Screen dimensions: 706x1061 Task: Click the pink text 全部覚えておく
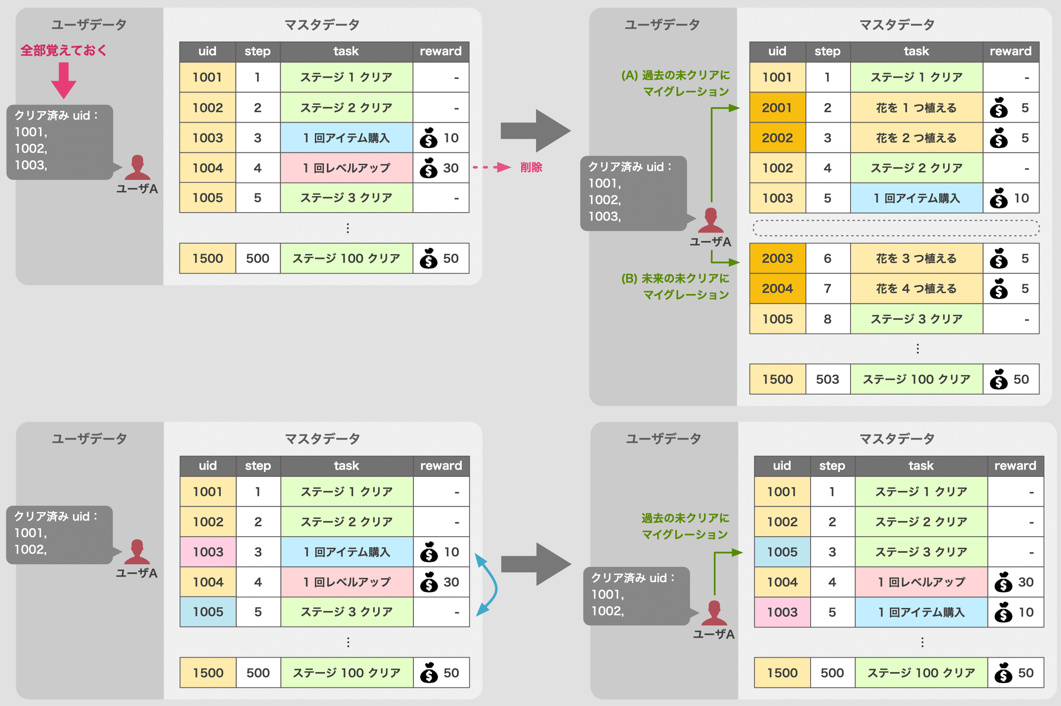pos(64,50)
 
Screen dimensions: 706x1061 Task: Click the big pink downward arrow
pos(64,81)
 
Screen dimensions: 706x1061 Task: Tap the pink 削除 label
pos(531,168)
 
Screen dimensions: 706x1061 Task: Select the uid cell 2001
pos(777,108)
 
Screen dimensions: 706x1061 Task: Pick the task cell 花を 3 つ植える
pos(916,258)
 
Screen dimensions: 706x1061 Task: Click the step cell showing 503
pos(827,379)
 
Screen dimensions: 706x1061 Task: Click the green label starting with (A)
pos(676,83)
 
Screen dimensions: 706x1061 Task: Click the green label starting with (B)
pos(676,286)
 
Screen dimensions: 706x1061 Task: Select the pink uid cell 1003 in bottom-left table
pos(208,552)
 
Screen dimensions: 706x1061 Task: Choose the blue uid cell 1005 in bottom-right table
pos(782,552)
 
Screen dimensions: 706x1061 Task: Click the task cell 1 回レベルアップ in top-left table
pos(346,168)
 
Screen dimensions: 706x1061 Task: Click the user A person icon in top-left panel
pos(137,168)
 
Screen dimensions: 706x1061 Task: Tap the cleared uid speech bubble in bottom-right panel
pos(635,595)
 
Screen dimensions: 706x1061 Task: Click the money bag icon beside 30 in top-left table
pos(428,168)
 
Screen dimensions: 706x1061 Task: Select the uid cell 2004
pos(777,289)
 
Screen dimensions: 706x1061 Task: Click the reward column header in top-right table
pos(1010,51)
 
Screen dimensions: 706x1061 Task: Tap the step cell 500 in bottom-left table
pos(258,672)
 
